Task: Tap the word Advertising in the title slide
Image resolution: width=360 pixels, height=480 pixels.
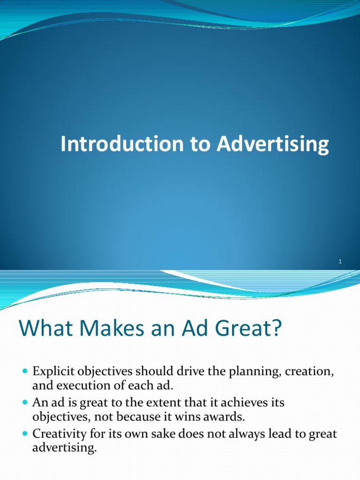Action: (272, 144)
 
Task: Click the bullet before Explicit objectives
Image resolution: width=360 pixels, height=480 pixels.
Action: (25, 371)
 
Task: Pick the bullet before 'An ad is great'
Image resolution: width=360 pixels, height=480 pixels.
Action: (25, 402)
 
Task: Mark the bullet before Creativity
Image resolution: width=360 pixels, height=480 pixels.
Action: (25, 434)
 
